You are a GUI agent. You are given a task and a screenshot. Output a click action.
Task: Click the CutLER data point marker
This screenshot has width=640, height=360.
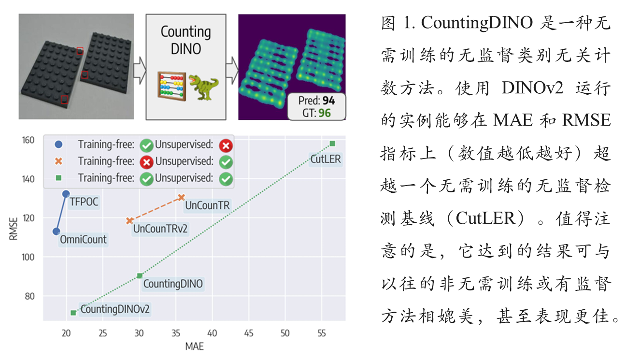pyautogui.click(x=332, y=144)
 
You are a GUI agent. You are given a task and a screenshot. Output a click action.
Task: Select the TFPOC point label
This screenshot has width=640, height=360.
pyautogui.click(x=84, y=202)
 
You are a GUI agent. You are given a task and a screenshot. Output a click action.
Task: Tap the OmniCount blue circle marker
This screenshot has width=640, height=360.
pyautogui.click(x=57, y=231)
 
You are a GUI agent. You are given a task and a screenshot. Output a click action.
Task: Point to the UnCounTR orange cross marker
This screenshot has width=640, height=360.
pyautogui.click(x=182, y=197)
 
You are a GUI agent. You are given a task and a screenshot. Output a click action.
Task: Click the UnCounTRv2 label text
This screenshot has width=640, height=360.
pyautogui.click(x=160, y=229)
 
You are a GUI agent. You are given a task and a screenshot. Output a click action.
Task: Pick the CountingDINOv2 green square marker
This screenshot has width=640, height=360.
pyautogui.click(x=73, y=313)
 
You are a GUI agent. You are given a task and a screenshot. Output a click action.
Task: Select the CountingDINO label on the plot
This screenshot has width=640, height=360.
pyautogui.click(x=173, y=284)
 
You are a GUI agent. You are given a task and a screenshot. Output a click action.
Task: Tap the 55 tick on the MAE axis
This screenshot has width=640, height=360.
pyautogui.click(x=322, y=333)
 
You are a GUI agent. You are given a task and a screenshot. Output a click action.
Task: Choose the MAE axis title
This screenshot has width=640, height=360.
pyautogui.click(x=194, y=346)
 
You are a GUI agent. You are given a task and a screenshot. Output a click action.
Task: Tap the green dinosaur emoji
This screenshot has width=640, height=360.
pyautogui.click(x=203, y=87)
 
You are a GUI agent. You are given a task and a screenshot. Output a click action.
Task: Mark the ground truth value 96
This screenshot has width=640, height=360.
pyautogui.click(x=325, y=113)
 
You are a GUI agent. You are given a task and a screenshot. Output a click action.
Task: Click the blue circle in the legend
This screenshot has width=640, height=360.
pyautogui.click(x=59, y=144)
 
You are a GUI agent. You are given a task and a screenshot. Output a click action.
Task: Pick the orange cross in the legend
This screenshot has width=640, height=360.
pyautogui.click(x=59, y=161)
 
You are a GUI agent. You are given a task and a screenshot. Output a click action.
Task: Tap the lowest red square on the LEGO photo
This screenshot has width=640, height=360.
pyautogui.click(x=64, y=99)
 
